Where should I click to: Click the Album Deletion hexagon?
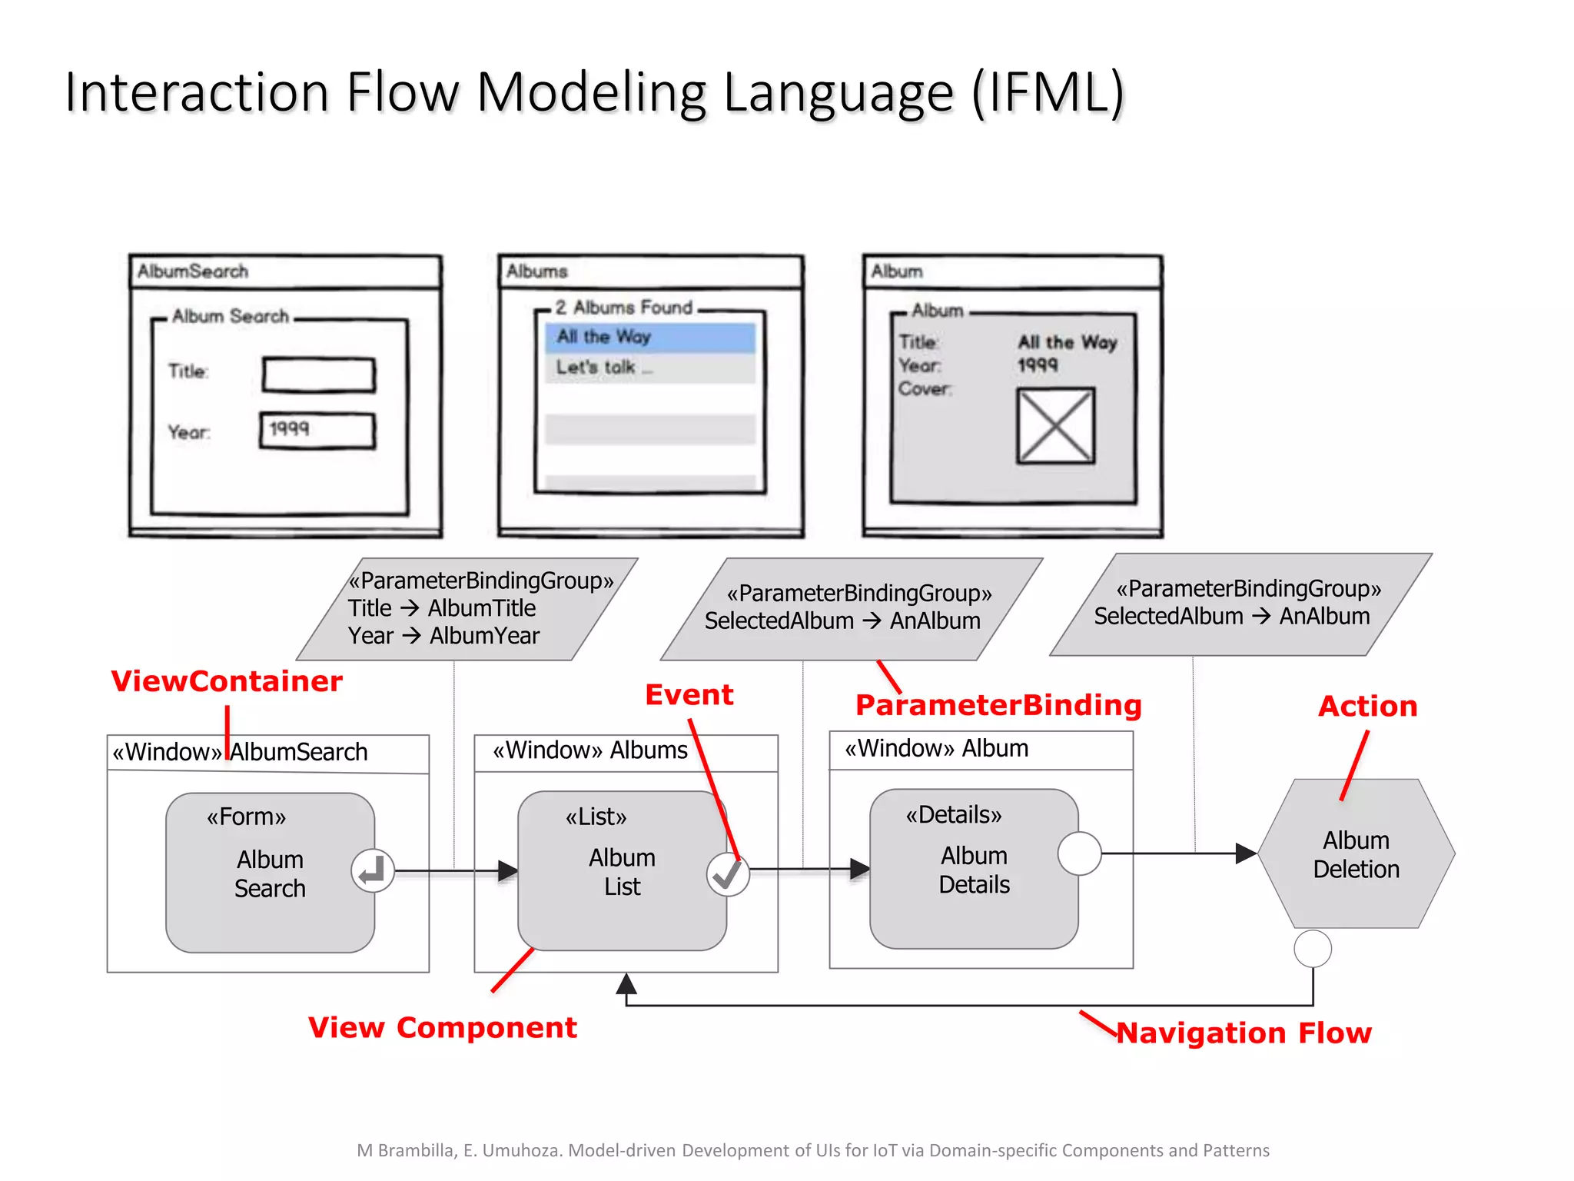(x=1356, y=853)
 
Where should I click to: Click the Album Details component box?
(x=972, y=869)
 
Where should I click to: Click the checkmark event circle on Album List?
(x=728, y=874)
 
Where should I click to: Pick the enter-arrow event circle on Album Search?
(x=373, y=871)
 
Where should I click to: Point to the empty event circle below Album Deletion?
(x=1313, y=948)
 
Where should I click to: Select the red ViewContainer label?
(x=227, y=681)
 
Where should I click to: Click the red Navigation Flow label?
(x=1244, y=1033)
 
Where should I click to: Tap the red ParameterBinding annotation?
(x=998, y=705)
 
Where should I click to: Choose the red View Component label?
(x=442, y=1027)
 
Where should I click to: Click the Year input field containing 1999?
(x=317, y=431)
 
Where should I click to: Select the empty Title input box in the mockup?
(x=318, y=375)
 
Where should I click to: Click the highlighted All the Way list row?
(x=650, y=337)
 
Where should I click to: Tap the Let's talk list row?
(x=650, y=368)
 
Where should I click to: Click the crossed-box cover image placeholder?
(x=1055, y=425)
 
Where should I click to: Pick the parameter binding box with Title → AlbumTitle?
(x=467, y=608)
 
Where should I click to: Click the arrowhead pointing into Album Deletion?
(x=1246, y=853)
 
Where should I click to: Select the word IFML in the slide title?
(x=1048, y=92)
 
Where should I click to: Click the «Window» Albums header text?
(x=589, y=750)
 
